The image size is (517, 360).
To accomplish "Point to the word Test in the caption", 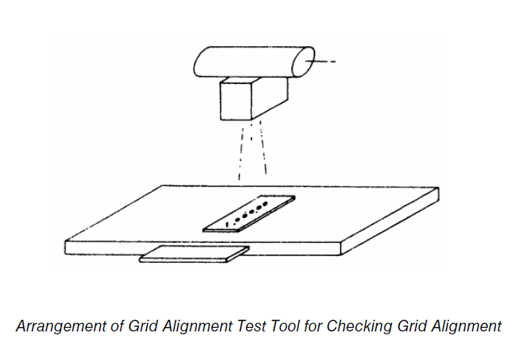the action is coord(252,326).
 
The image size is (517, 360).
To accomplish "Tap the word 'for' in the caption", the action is coord(312,326).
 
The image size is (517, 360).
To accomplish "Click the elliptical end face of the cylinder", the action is coord(303,62).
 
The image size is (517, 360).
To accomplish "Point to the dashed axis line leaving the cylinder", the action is coord(320,61).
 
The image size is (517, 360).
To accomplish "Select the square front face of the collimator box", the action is coord(236,101).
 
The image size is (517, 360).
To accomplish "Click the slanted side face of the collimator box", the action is coord(270,98).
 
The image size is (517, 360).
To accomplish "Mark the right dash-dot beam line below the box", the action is coord(263,147).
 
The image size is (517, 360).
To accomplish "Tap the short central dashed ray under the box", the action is coord(252,132).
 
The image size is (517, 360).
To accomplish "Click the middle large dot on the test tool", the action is coord(252,212).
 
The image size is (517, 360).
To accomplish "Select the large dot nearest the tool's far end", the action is coord(265,204).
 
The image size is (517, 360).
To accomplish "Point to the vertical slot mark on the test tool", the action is coord(227,225).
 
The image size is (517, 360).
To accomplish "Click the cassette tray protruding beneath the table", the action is coord(195,254).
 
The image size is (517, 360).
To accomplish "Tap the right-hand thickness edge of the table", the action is coord(389,221).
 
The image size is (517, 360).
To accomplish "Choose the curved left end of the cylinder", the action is coord(196,63).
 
